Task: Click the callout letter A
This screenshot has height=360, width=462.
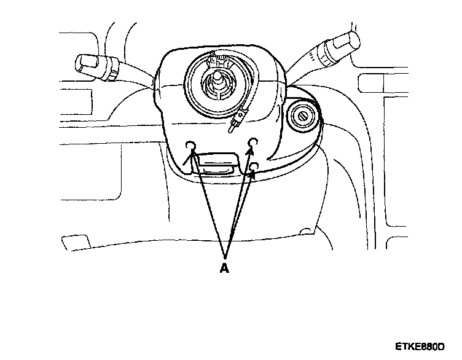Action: point(224,268)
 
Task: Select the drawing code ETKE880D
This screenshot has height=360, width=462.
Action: point(420,348)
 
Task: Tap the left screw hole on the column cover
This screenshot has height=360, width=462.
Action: point(190,146)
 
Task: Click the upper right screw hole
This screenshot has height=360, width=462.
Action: point(252,144)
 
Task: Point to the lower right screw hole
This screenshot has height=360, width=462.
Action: point(254,166)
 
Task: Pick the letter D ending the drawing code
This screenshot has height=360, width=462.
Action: point(440,348)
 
